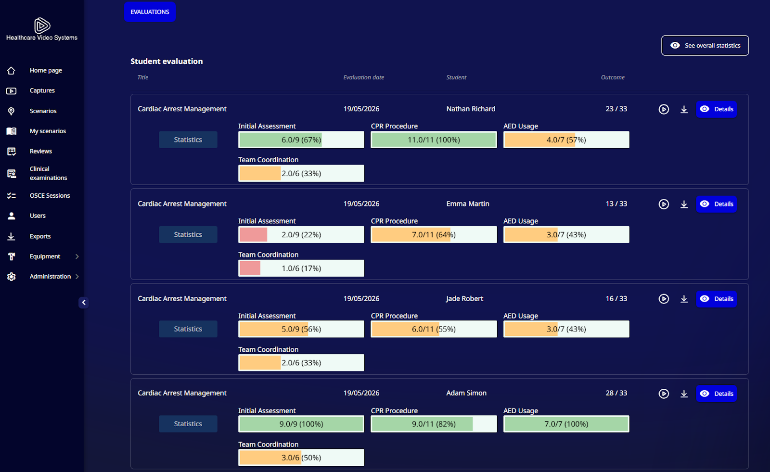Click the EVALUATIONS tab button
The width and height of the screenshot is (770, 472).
coord(150,12)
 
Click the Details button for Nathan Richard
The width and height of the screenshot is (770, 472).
coord(717,109)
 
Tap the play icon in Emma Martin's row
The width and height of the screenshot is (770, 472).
coord(664,204)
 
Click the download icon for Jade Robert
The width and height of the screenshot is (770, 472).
coord(684,299)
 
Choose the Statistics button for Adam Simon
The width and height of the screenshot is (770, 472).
coord(188,423)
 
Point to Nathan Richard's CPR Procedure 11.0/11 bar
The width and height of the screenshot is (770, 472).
coord(434,140)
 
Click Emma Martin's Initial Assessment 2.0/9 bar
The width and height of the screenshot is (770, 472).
coord(301,234)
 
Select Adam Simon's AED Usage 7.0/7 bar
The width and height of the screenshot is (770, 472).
coord(566,424)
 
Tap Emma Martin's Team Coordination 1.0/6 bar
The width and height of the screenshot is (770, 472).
coord(301,268)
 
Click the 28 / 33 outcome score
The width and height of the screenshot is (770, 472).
coord(616,393)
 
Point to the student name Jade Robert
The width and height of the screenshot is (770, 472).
coord(464,298)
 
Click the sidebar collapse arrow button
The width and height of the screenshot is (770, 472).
coord(84,303)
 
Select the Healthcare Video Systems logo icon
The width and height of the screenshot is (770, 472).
coord(42,25)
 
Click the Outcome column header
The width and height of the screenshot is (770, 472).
coord(613,77)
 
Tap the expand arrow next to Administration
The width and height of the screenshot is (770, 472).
coord(77,276)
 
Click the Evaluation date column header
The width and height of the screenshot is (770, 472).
coord(364,77)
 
